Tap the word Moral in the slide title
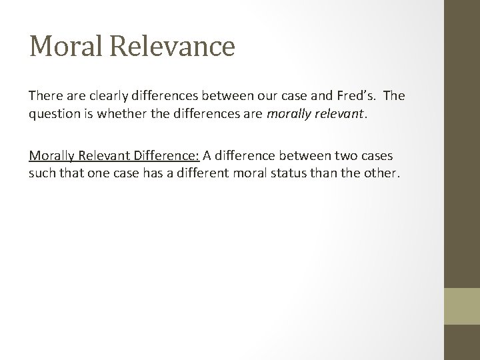click(x=65, y=46)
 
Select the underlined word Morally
click(x=52, y=155)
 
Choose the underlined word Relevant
click(x=102, y=155)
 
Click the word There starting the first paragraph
click(x=45, y=95)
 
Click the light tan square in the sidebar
click(x=462, y=306)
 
